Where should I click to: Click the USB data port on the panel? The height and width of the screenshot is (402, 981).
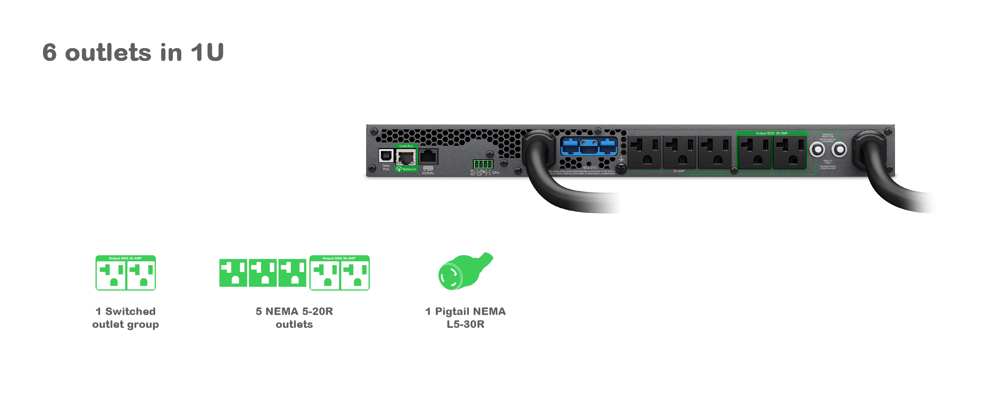click(x=386, y=156)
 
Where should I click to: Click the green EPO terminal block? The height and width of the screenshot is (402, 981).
click(x=482, y=164)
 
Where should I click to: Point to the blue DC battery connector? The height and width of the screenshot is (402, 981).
click(x=589, y=146)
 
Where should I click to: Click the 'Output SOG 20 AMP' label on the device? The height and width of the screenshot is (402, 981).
click(x=771, y=133)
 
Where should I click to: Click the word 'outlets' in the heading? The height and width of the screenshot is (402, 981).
click(x=108, y=53)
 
